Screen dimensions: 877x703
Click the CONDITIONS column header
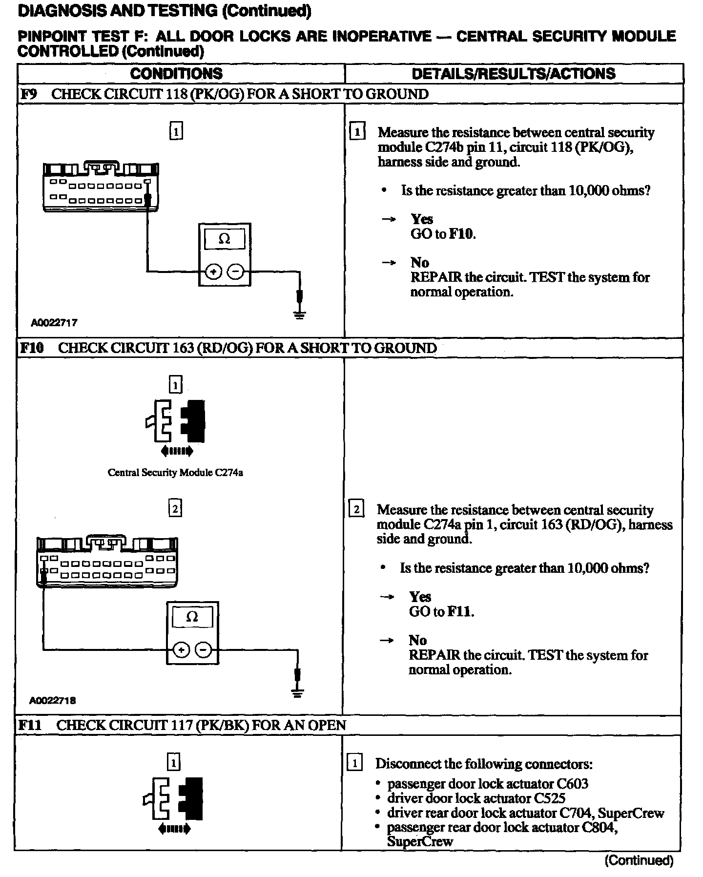click(x=176, y=74)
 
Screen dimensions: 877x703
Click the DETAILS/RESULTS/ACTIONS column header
click(x=514, y=74)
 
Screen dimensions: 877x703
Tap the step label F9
click(x=29, y=94)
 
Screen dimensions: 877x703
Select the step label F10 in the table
click(x=32, y=348)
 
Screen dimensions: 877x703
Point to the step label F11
click(x=30, y=725)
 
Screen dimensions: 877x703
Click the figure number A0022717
click(x=54, y=323)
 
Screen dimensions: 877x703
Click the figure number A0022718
click(x=53, y=701)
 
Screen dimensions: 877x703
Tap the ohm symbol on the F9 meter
click(x=225, y=239)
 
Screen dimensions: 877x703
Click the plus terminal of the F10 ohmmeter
click(x=181, y=650)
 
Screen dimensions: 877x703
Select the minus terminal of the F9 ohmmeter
click(x=236, y=271)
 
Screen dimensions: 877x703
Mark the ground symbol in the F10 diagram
click(x=297, y=692)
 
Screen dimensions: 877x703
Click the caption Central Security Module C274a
click(x=175, y=473)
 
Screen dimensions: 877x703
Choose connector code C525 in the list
click(x=549, y=799)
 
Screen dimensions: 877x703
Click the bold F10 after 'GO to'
click(x=461, y=234)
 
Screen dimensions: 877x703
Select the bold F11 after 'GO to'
click(x=460, y=612)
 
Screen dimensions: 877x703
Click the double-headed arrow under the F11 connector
click(x=175, y=829)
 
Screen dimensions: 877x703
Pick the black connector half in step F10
click(x=194, y=420)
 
